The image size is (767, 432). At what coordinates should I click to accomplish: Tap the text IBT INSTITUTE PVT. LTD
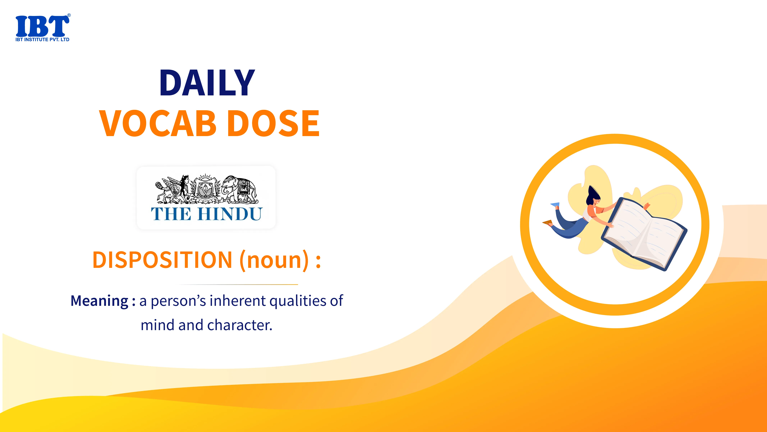pyautogui.click(x=42, y=39)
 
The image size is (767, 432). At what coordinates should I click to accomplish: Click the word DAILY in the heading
pyautogui.click(x=207, y=83)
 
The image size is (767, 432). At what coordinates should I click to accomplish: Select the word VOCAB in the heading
pyautogui.click(x=158, y=123)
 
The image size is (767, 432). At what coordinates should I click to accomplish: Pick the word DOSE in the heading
pyautogui.click(x=275, y=123)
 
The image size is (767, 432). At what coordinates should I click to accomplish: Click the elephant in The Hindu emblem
pyautogui.click(x=239, y=188)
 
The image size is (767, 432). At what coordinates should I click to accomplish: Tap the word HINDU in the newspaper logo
pyautogui.click(x=229, y=214)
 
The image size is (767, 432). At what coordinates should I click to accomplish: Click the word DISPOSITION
pyautogui.click(x=162, y=260)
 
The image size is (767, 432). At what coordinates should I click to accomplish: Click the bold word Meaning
pyautogui.click(x=99, y=301)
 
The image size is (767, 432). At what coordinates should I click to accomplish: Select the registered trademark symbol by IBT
pyautogui.click(x=69, y=15)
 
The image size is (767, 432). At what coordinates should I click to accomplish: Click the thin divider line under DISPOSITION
pyautogui.click(x=238, y=284)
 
